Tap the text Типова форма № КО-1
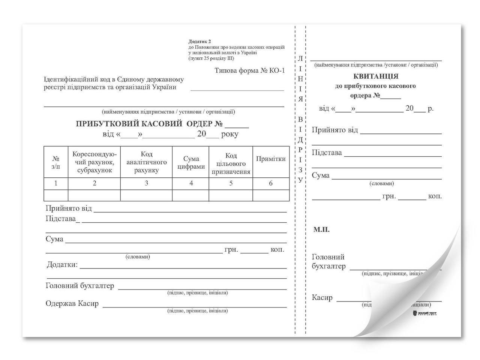tap(250, 70)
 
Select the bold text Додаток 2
tap(199, 42)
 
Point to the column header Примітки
tap(271, 159)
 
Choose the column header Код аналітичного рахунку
tap(146, 162)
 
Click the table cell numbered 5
tap(231, 183)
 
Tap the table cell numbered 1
tap(56, 183)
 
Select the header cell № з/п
tap(56, 162)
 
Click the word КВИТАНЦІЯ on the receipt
tap(375, 76)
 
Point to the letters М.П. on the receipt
tap(321, 229)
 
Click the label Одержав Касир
tap(72, 303)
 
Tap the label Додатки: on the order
tap(62, 265)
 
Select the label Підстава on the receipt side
tap(327, 153)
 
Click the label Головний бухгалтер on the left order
tap(79, 286)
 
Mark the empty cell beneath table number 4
tap(191, 195)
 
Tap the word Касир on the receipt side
tap(322, 298)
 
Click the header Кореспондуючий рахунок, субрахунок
tap(94, 162)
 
